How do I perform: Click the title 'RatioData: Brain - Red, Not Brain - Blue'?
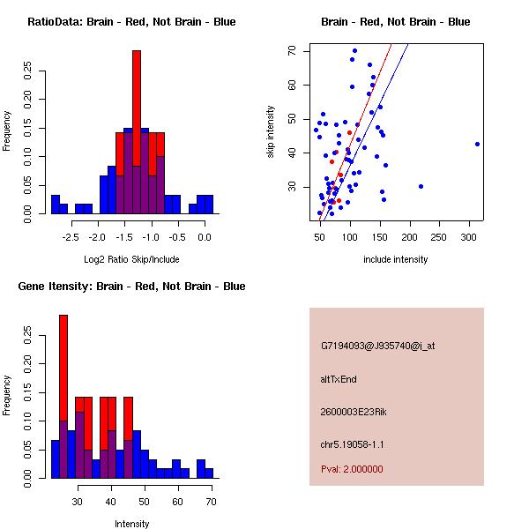(131, 22)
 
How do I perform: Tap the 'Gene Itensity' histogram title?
(131, 287)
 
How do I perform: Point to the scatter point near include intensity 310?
(477, 144)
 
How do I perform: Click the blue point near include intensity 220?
(421, 186)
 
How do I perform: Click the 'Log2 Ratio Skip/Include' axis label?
(131, 259)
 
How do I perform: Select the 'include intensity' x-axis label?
(396, 259)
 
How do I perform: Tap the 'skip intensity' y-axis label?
(271, 132)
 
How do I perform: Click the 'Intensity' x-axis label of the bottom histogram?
(131, 524)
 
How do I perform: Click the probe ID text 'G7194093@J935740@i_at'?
(378, 346)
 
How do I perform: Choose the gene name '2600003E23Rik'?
(354, 412)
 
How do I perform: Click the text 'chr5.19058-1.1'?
(353, 444)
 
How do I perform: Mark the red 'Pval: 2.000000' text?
(352, 469)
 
